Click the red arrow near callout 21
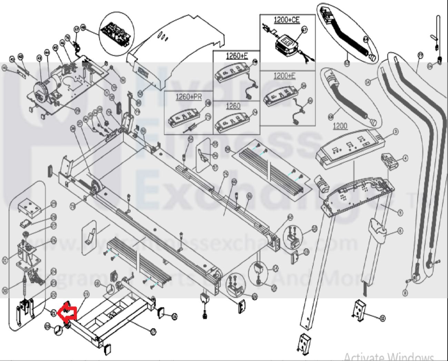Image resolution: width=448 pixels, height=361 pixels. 68,313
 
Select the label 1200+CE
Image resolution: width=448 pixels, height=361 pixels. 287,20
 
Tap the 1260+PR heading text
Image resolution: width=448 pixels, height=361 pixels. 189,97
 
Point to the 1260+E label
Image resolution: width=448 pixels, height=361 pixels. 237,56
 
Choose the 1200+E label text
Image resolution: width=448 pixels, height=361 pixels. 284,76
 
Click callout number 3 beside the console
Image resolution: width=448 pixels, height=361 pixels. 396,132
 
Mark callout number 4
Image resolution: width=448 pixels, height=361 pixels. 405,159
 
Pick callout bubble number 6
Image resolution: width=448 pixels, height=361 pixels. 400,231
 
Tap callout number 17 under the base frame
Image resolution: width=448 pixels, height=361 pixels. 153,332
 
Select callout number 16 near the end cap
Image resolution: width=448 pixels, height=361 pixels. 175,316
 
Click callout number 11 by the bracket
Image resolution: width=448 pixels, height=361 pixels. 382,318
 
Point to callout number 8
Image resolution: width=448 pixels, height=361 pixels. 405,293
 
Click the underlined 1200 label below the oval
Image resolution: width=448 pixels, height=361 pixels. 340,126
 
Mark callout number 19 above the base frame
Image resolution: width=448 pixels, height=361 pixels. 86,294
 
